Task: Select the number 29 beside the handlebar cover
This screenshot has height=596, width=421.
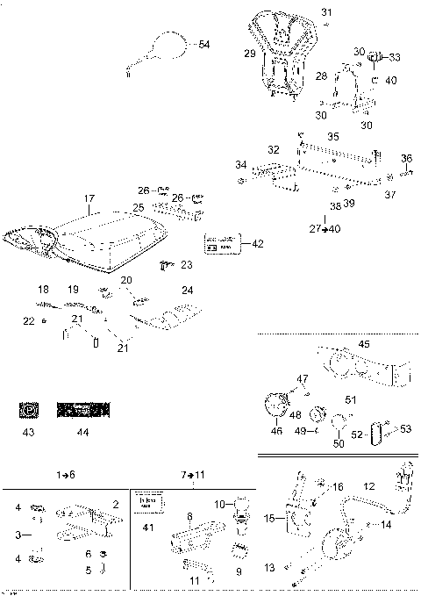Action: (x=249, y=54)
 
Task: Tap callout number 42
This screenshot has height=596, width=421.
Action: (x=257, y=243)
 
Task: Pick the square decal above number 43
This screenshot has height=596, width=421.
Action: (x=28, y=409)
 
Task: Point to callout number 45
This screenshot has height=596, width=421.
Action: (x=364, y=343)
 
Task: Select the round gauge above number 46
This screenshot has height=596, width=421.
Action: (x=279, y=406)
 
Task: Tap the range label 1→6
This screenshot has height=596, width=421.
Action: (x=67, y=474)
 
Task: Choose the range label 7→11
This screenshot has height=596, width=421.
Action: (x=194, y=474)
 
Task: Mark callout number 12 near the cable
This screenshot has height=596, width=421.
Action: (x=368, y=485)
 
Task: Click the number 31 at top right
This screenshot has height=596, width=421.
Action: (x=326, y=12)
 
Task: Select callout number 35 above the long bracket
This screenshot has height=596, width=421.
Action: (x=332, y=137)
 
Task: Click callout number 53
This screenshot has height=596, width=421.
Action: (x=406, y=428)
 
